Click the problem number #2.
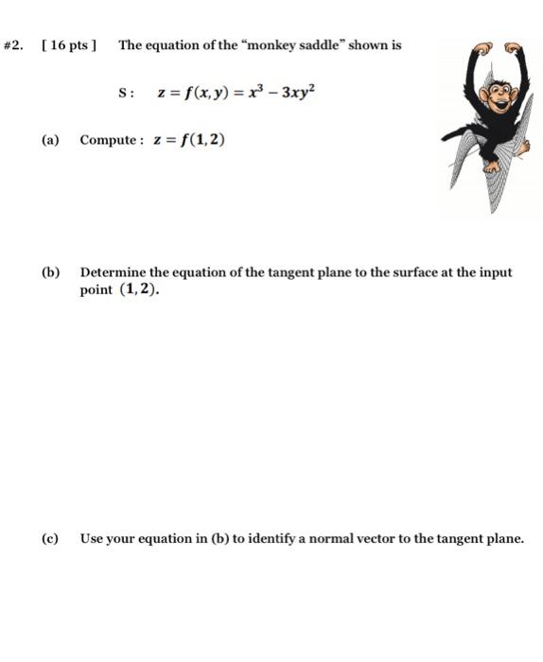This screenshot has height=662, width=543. coord(14,45)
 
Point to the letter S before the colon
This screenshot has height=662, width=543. coord(122,93)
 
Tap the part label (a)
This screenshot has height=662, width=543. coord(50,140)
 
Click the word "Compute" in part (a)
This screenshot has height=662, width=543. coord(110,140)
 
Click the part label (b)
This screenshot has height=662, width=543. coord(50,272)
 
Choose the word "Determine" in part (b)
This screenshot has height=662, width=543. coord(114,272)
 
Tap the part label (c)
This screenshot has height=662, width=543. coord(50,538)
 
